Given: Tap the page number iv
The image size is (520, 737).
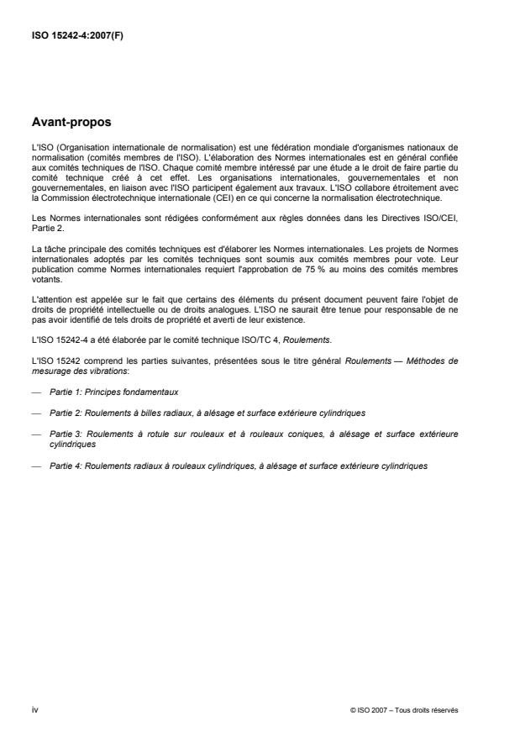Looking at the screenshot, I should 34,709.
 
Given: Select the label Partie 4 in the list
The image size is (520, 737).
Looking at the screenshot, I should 66,466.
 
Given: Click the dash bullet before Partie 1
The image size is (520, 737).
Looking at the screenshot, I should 35,392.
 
